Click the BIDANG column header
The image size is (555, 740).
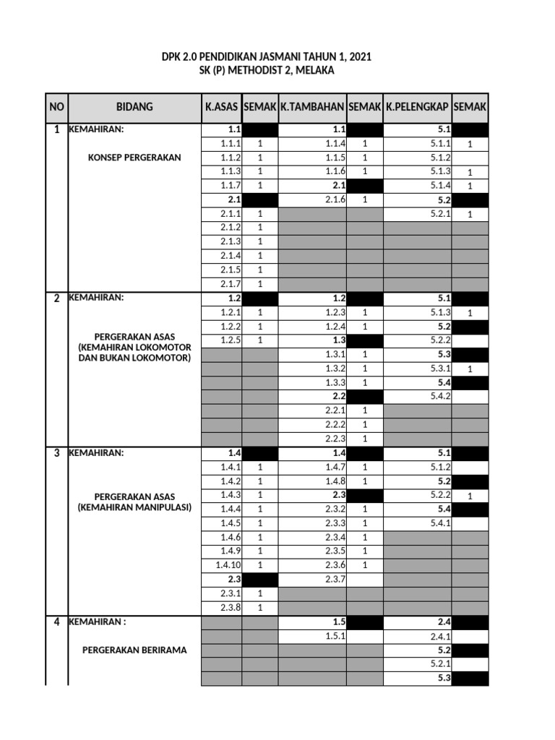(134, 107)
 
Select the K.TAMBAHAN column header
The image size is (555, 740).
(312, 107)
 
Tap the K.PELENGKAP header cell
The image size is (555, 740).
(418, 107)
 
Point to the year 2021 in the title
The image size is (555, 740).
(358, 56)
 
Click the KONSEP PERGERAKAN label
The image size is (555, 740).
(134, 158)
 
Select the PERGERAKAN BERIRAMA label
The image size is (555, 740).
(134, 650)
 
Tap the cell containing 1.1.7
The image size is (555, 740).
(231, 185)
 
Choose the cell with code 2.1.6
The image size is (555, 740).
(335, 199)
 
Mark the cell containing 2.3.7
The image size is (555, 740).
(335, 579)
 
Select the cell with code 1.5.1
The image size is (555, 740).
(335, 635)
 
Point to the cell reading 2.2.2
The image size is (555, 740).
(335, 424)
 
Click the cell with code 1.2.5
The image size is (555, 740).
(231, 340)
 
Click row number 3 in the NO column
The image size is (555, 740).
(56, 453)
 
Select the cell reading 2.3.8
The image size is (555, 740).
(231, 607)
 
